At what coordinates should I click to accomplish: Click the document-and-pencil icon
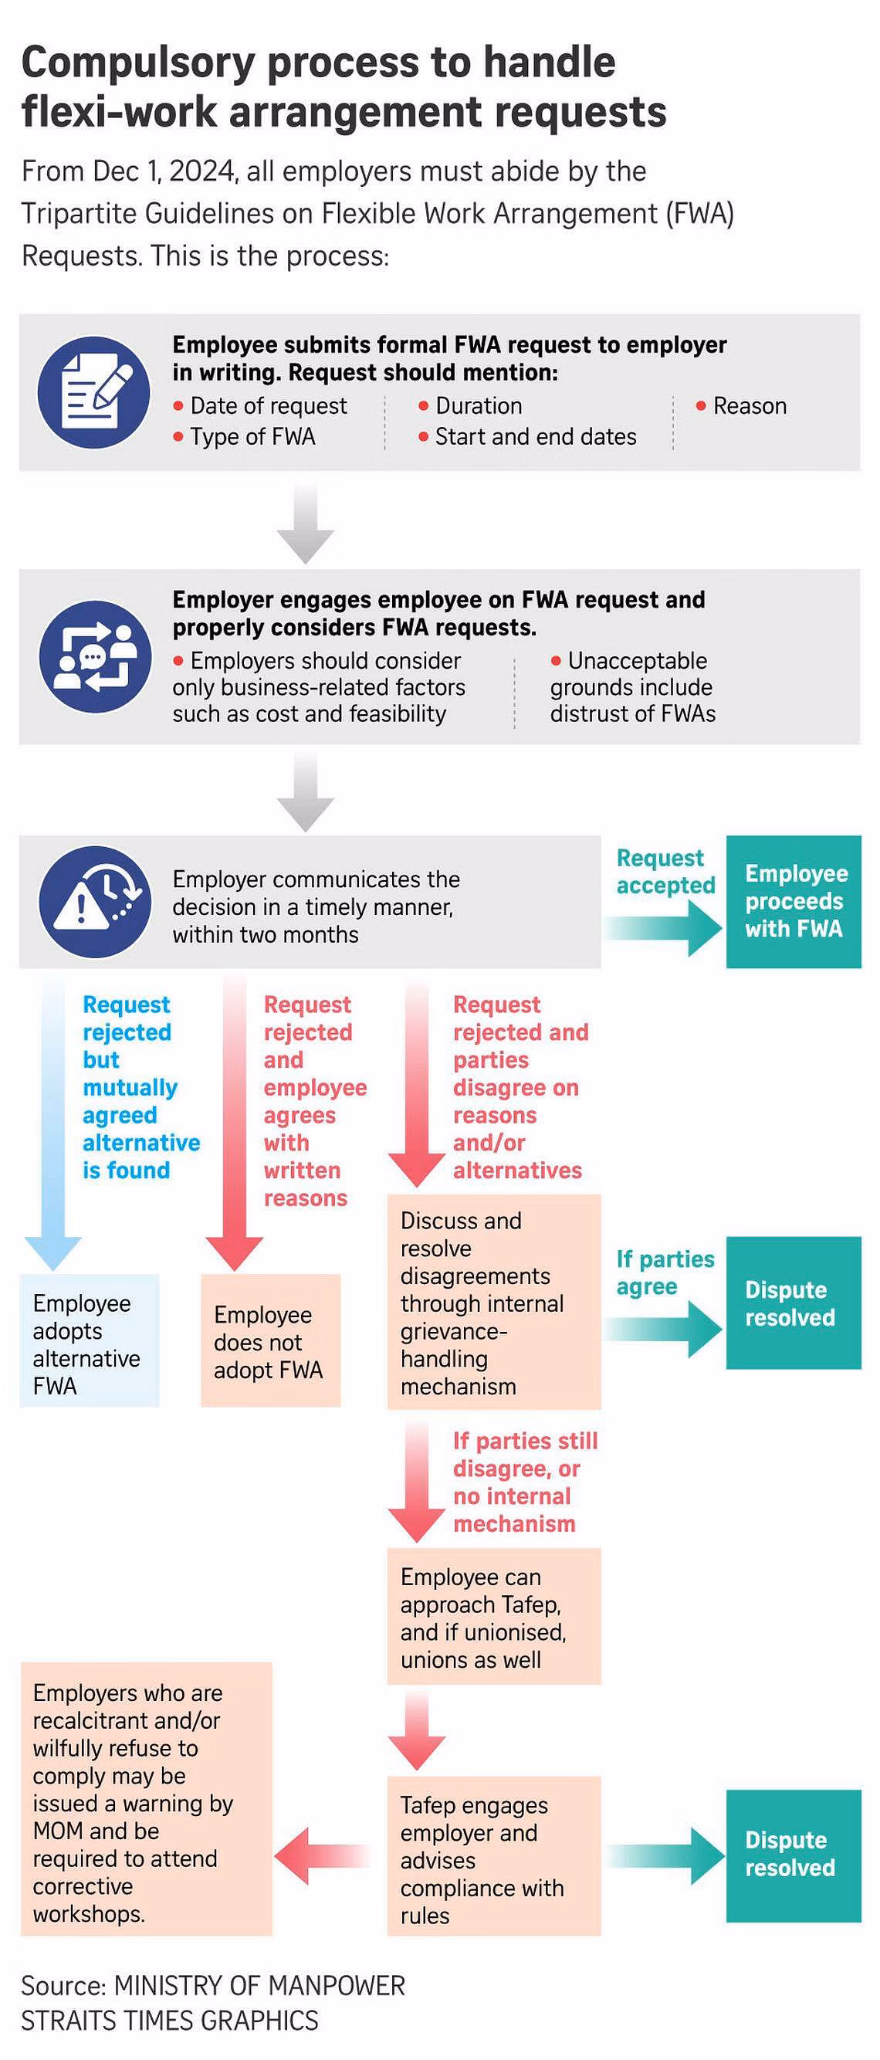93,392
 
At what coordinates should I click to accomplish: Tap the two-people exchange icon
94,656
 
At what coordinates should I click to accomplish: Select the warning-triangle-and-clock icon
94,902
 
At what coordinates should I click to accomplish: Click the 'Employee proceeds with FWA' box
793,902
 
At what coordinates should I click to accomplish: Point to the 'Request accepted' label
665,872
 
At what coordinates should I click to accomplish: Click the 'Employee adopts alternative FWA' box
90,1340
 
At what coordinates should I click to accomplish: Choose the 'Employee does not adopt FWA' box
270,1340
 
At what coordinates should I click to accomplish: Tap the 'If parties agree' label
665,1272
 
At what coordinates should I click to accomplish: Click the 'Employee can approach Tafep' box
494,1616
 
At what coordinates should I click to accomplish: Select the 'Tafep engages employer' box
494,1856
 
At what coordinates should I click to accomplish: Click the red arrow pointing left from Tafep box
322,1856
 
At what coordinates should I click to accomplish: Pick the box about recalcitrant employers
146,1798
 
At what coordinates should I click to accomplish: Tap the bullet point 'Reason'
741,406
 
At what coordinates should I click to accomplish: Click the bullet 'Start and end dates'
527,437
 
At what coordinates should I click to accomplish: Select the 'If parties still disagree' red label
525,1482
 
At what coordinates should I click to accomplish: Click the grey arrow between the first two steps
306,523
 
